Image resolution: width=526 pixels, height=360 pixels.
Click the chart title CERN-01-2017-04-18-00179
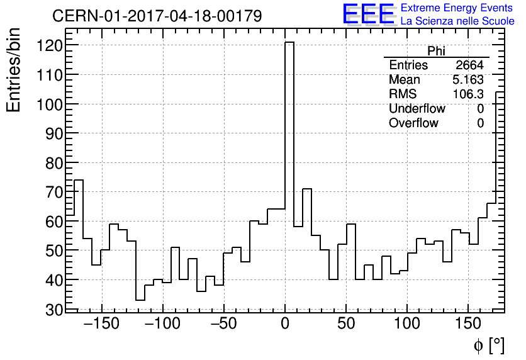tap(157, 16)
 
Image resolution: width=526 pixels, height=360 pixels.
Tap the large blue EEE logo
tap(369, 14)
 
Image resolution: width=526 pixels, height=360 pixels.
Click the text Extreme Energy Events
tap(457, 8)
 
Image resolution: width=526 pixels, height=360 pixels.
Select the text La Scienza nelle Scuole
tap(457, 21)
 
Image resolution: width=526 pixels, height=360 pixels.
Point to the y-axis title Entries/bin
tap(14, 70)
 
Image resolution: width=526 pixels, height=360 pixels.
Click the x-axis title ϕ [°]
tap(488, 345)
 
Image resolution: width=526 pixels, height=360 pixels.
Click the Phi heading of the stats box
tap(436, 51)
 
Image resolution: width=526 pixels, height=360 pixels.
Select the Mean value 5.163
tap(467, 80)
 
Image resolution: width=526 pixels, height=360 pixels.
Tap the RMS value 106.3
tap(468, 94)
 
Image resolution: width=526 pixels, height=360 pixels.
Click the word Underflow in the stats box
tap(417, 109)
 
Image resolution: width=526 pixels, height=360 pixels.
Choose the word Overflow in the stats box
tap(413, 123)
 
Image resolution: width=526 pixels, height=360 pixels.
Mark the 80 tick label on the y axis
tap(53, 163)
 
